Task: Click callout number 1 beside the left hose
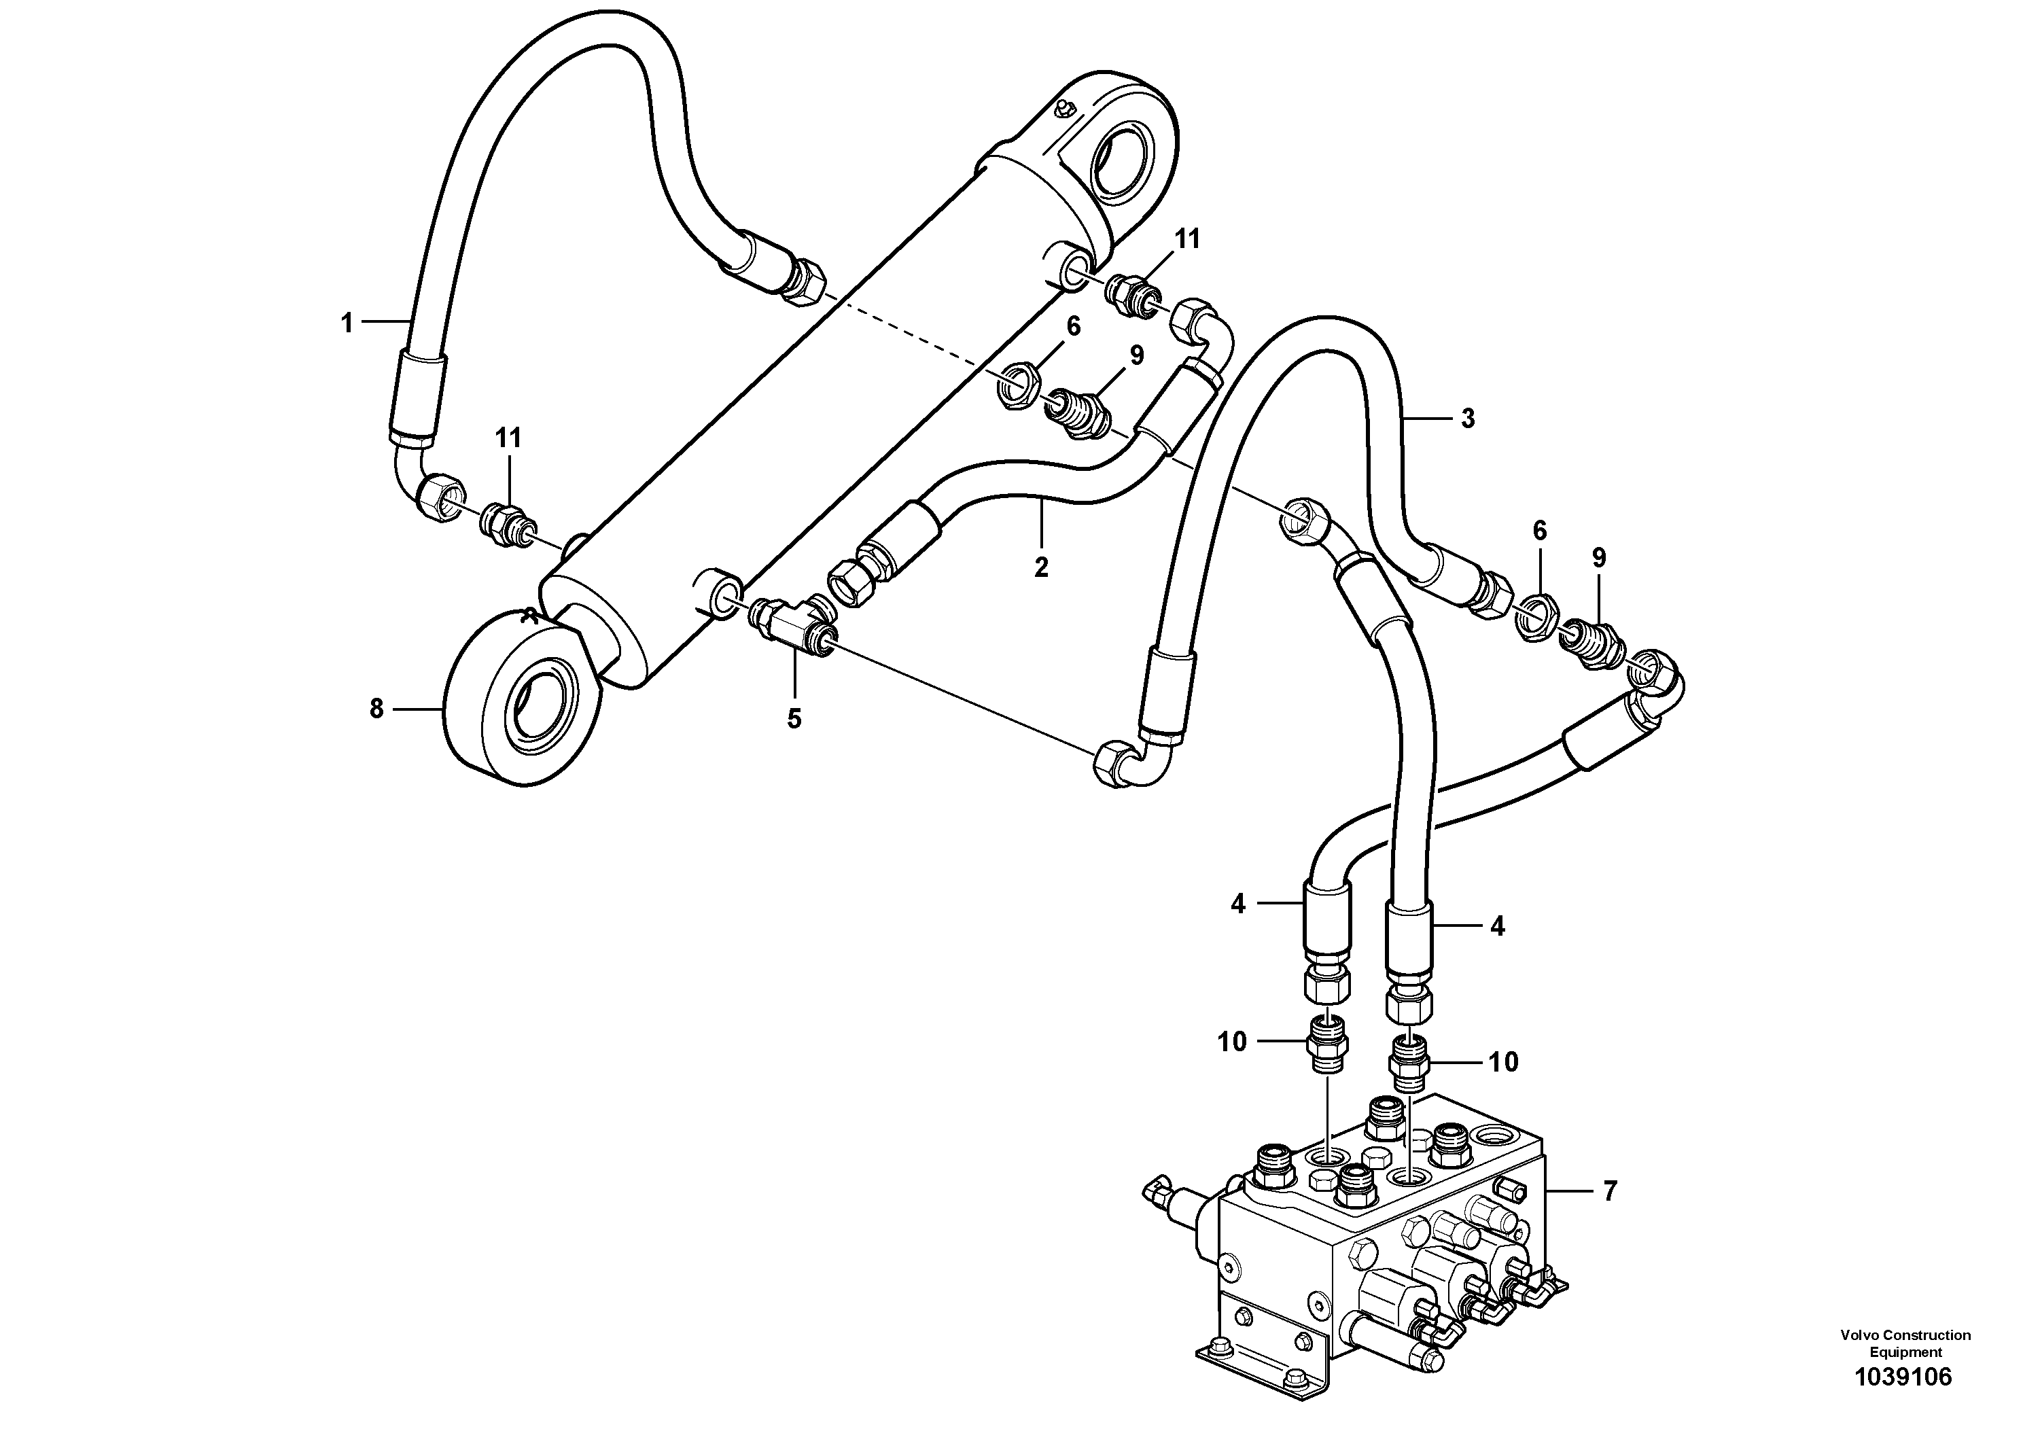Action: tap(347, 323)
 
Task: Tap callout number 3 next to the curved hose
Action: tap(1467, 419)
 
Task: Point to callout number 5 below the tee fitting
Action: tap(794, 719)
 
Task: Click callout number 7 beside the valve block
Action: tap(1610, 1191)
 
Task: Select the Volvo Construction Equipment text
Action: tap(1905, 1343)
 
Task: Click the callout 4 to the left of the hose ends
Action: tap(1238, 904)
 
